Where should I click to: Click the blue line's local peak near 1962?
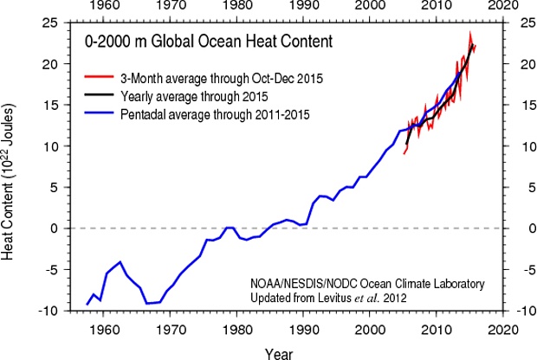tap(120, 261)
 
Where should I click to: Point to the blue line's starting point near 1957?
tap(87, 305)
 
